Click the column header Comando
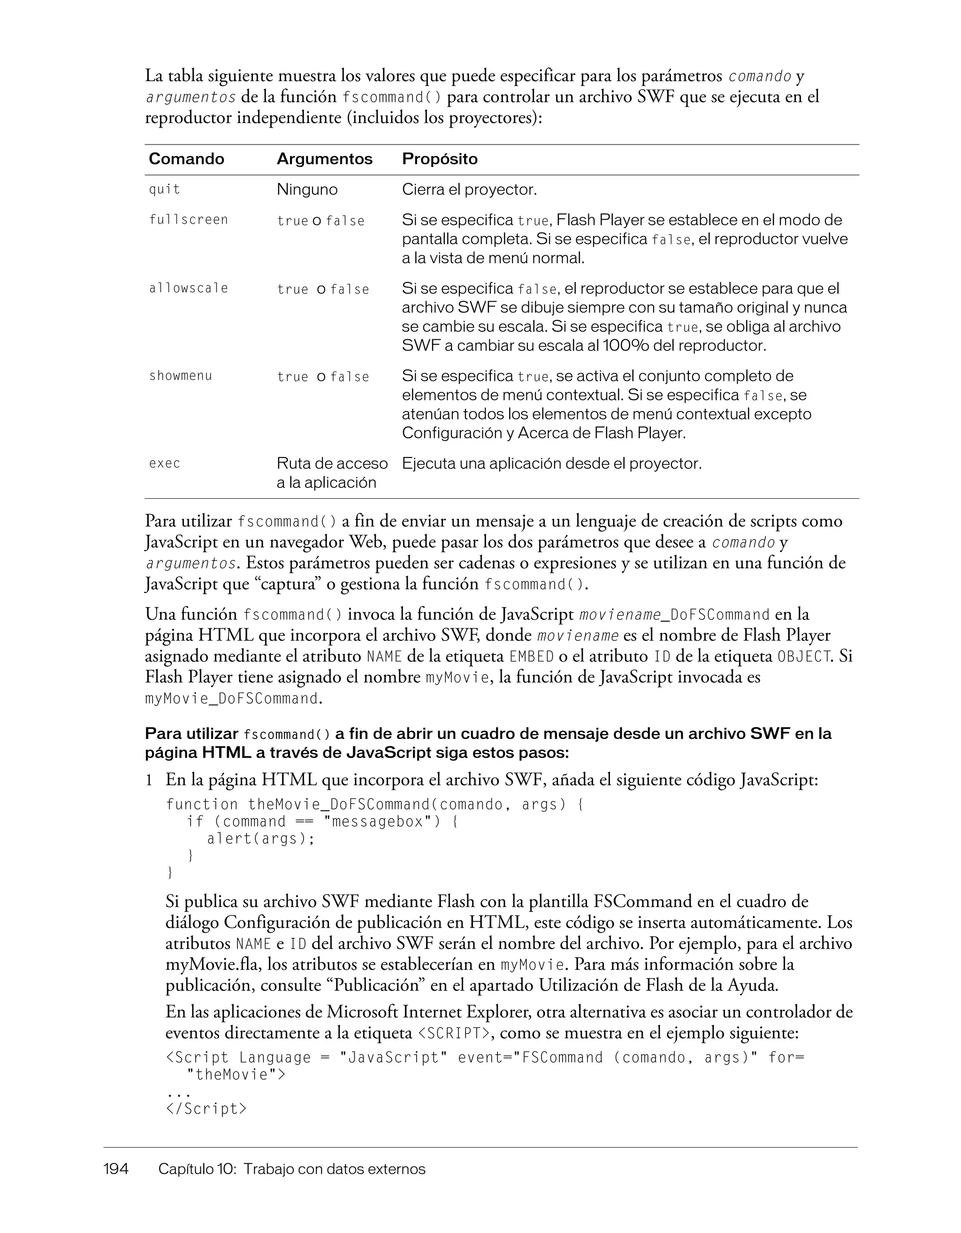(x=186, y=159)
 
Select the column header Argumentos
(x=324, y=159)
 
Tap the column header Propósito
(x=439, y=159)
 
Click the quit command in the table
(x=164, y=190)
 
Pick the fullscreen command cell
(x=189, y=220)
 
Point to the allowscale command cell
(x=189, y=289)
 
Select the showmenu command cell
(x=181, y=376)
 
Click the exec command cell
(x=164, y=464)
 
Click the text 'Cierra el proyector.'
(x=469, y=190)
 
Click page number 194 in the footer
(x=116, y=1169)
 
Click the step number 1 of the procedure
(x=149, y=780)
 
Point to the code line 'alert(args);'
(x=261, y=839)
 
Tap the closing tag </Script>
(x=206, y=1109)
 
